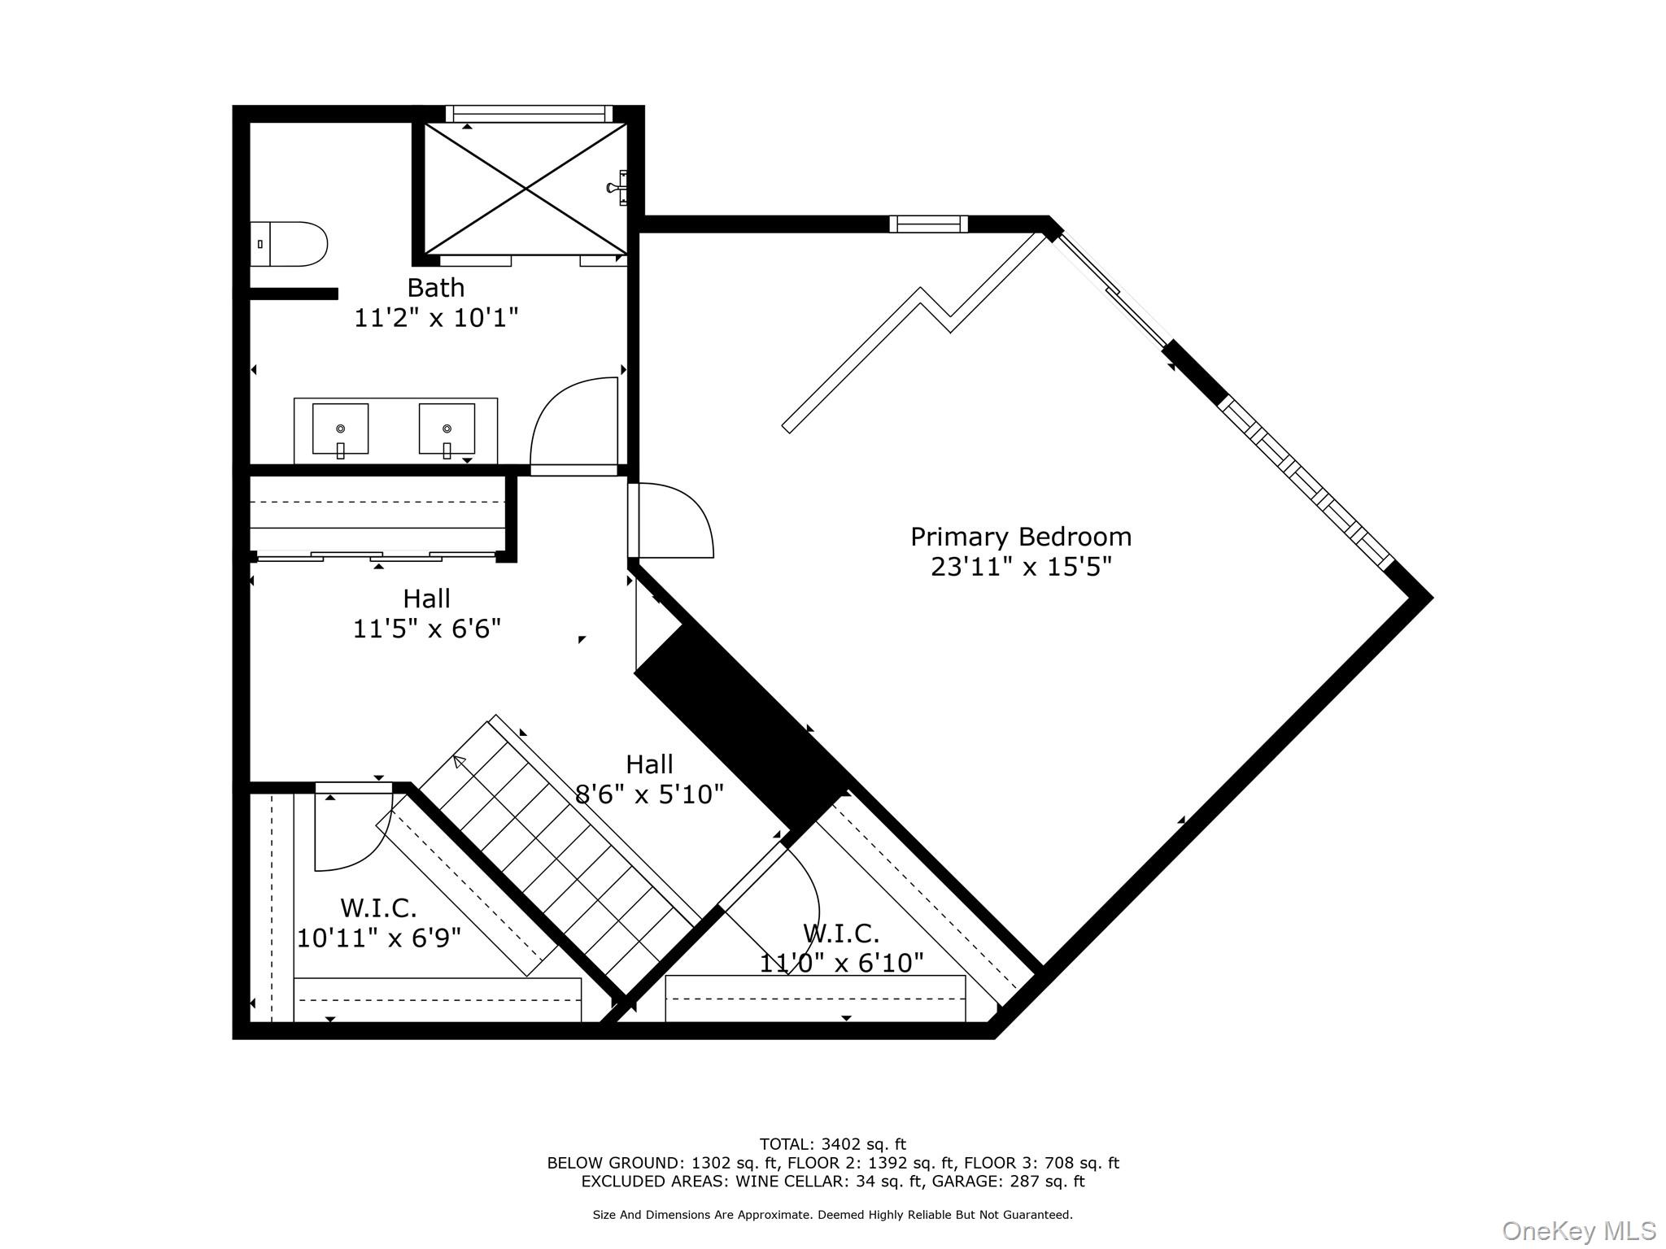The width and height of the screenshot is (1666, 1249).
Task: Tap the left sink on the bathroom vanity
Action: click(340, 429)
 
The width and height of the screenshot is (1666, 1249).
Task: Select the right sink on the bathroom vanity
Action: click(447, 429)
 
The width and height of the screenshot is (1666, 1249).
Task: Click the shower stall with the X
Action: click(526, 189)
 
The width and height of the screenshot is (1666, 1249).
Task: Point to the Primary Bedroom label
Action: click(1021, 537)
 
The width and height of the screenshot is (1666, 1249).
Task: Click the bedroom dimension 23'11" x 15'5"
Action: click(1021, 566)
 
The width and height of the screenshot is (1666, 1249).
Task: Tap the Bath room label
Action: click(436, 288)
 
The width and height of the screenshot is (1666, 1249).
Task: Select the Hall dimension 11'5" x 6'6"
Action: click(427, 629)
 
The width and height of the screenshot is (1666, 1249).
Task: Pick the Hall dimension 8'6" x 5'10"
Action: click(649, 794)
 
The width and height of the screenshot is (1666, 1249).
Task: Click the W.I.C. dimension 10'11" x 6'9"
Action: click(379, 938)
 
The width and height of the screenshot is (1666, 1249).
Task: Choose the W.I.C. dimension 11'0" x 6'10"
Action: click(842, 963)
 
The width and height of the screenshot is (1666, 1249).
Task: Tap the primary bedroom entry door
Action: click(670, 520)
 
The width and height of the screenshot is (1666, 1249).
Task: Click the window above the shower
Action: click(529, 113)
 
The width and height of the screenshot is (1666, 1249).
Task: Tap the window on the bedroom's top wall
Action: click(928, 224)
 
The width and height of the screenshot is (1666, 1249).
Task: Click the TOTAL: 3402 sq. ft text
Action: click(833, 1145)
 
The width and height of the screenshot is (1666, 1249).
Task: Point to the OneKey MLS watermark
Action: click(1579, 1231)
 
